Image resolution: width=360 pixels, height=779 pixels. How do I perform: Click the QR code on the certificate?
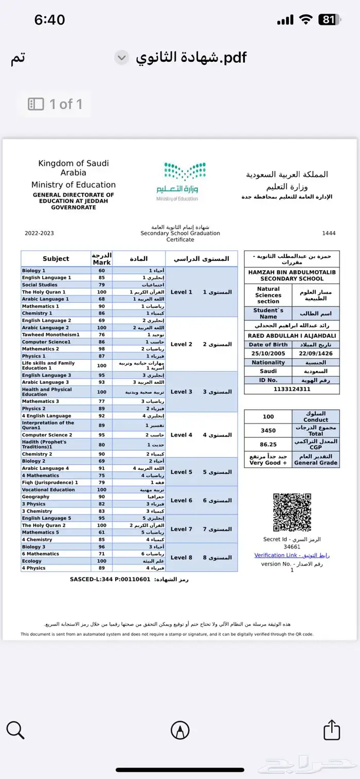click(292, 512)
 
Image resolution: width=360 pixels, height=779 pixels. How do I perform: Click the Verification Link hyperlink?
click(292, 555)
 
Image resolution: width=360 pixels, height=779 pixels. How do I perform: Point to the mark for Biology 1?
click(102, 271)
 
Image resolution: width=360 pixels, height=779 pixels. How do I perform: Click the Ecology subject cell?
click(56, 561)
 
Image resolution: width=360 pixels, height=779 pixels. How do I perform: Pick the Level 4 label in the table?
click(182, 435)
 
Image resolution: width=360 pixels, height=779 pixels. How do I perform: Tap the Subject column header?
click(56, 259)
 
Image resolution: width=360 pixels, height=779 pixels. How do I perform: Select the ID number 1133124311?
click(292, 389)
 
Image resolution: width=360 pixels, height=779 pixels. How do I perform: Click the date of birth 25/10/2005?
click(268, 353)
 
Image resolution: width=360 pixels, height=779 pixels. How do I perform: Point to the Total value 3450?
click(268, 430)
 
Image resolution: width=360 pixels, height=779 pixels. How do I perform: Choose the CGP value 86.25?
click(268, 444)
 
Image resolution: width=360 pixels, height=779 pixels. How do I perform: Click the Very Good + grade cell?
click(268, 459)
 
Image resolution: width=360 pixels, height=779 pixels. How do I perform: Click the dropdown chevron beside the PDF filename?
click(121, 58)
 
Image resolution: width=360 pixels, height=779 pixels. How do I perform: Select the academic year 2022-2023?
click(39, 233)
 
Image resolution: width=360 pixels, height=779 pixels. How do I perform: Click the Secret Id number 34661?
click(292, 547)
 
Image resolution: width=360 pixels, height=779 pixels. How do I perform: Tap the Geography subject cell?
click(56, 497)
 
